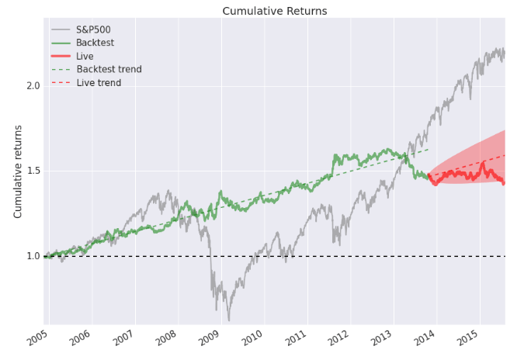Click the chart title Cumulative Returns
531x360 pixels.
[x=275, y=11]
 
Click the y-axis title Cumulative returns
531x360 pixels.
[x=18, y=171]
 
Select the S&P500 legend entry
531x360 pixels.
[x=81, y=29]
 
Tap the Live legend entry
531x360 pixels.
[x=72, y=56]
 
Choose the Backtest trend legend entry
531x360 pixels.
[x=96, y=69]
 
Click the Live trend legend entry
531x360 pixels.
[x=86, y=83]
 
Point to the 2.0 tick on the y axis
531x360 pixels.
[x=33, y=86]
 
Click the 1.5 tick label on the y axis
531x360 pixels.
[x=33, y=171]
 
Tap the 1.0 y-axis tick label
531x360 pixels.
[x=33, y=256]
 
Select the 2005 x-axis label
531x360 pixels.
[x=38, y=337]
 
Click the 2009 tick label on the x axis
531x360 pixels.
[x=210, y=337]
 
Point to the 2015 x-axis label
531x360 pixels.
[x=469, y=337]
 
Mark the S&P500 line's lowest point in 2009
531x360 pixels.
[x=229, y=320]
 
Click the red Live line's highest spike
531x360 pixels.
[x=483, y=163]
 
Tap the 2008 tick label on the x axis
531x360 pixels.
[x=167, y=337]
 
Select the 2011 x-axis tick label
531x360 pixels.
[x=297, y=337]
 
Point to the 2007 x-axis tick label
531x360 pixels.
[x=124, y=337]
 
